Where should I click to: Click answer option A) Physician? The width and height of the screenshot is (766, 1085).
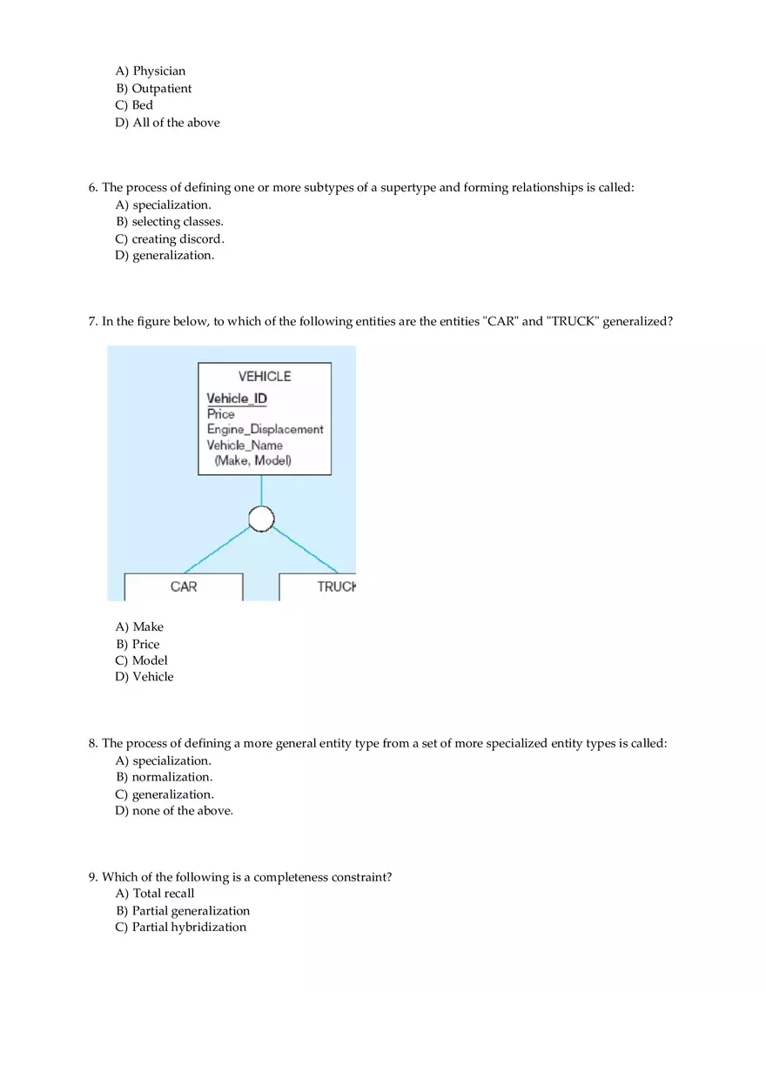coord(151,71)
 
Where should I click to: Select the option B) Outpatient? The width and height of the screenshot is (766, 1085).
coord(153,89)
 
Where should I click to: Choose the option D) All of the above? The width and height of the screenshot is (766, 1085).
coord(167,123)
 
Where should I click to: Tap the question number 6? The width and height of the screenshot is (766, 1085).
coord(92,188)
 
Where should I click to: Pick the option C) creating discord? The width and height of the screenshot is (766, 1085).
coord(170,239)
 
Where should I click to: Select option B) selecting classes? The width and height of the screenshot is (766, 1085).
coord(169,222)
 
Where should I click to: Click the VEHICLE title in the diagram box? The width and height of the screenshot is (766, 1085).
coord(265,377)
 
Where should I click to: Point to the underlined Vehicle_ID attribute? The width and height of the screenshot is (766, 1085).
coord(237,399)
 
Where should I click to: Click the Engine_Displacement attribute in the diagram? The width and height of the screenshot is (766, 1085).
coord(265,429)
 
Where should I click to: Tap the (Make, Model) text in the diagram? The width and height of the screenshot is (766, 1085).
coord(252,460)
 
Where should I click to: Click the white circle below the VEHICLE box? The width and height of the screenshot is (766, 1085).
coord(261,519)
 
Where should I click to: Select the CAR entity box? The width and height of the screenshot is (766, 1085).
coord(184,587)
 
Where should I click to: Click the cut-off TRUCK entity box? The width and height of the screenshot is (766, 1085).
coord(318,587)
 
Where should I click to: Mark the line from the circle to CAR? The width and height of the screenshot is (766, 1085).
coord(218,550)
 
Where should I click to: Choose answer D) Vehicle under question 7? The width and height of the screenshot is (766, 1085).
coord(144,677)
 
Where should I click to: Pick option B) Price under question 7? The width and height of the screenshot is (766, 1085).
coord(138,645)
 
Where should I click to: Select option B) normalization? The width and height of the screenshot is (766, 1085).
coord(164,777)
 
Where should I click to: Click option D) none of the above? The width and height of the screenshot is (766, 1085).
coord(174,811)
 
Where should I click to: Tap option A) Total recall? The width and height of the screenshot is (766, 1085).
coord(155,894)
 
